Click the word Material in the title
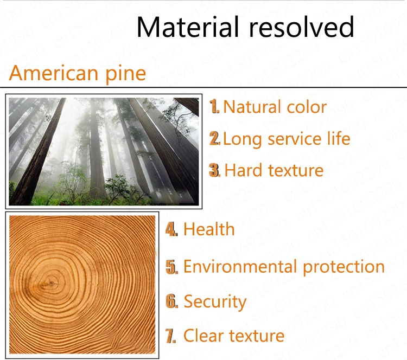pos(188,27)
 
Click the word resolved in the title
pos(301,27)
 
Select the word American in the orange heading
pos(54,73)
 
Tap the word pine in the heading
pos(125,74)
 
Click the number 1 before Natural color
pos(214,106)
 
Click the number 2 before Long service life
pos(215,138)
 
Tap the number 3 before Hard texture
pos(215,170)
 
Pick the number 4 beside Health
pos(171,229)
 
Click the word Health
pos(209,229)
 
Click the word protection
pos(344,267)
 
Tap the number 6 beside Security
pos(171,301)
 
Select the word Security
pos(215,302)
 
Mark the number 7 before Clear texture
pos(170,336)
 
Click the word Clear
pos(203,336)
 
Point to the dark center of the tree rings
pos(50,284)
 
